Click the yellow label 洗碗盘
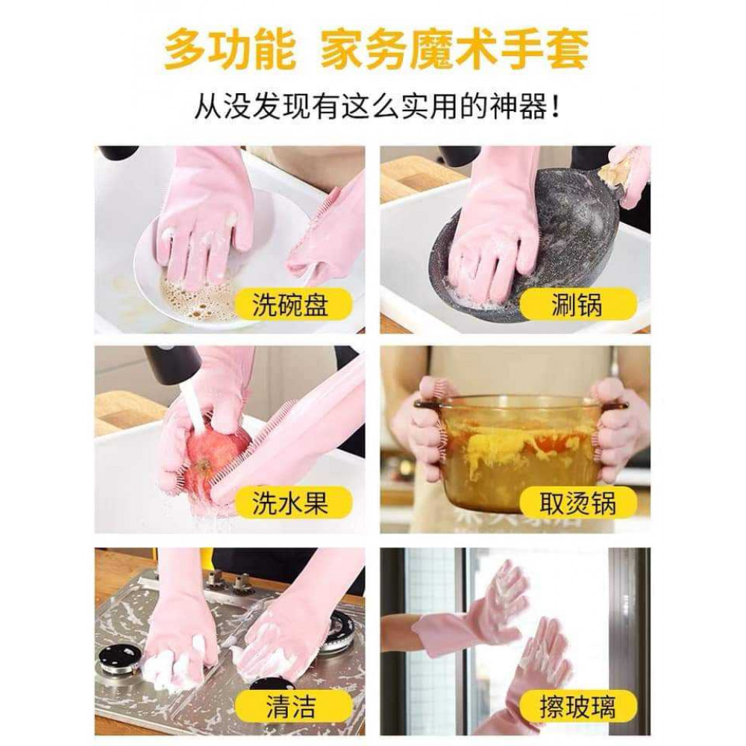click(x=291, y=305)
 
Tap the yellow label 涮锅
click(x=577, y=305)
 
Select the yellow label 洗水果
click(x=291, y=504)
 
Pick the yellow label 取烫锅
click(x=577, y=504)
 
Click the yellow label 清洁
click(x=291, y=706)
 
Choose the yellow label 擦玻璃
click(x=577, y=706)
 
